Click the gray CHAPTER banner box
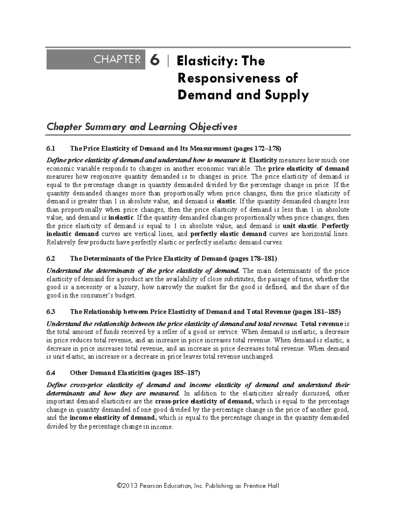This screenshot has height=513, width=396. coord(96,60)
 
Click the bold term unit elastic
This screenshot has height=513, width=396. coord(300,226)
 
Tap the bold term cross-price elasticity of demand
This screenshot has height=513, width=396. coord(204,402)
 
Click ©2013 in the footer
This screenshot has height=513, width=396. coord(127,486)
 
